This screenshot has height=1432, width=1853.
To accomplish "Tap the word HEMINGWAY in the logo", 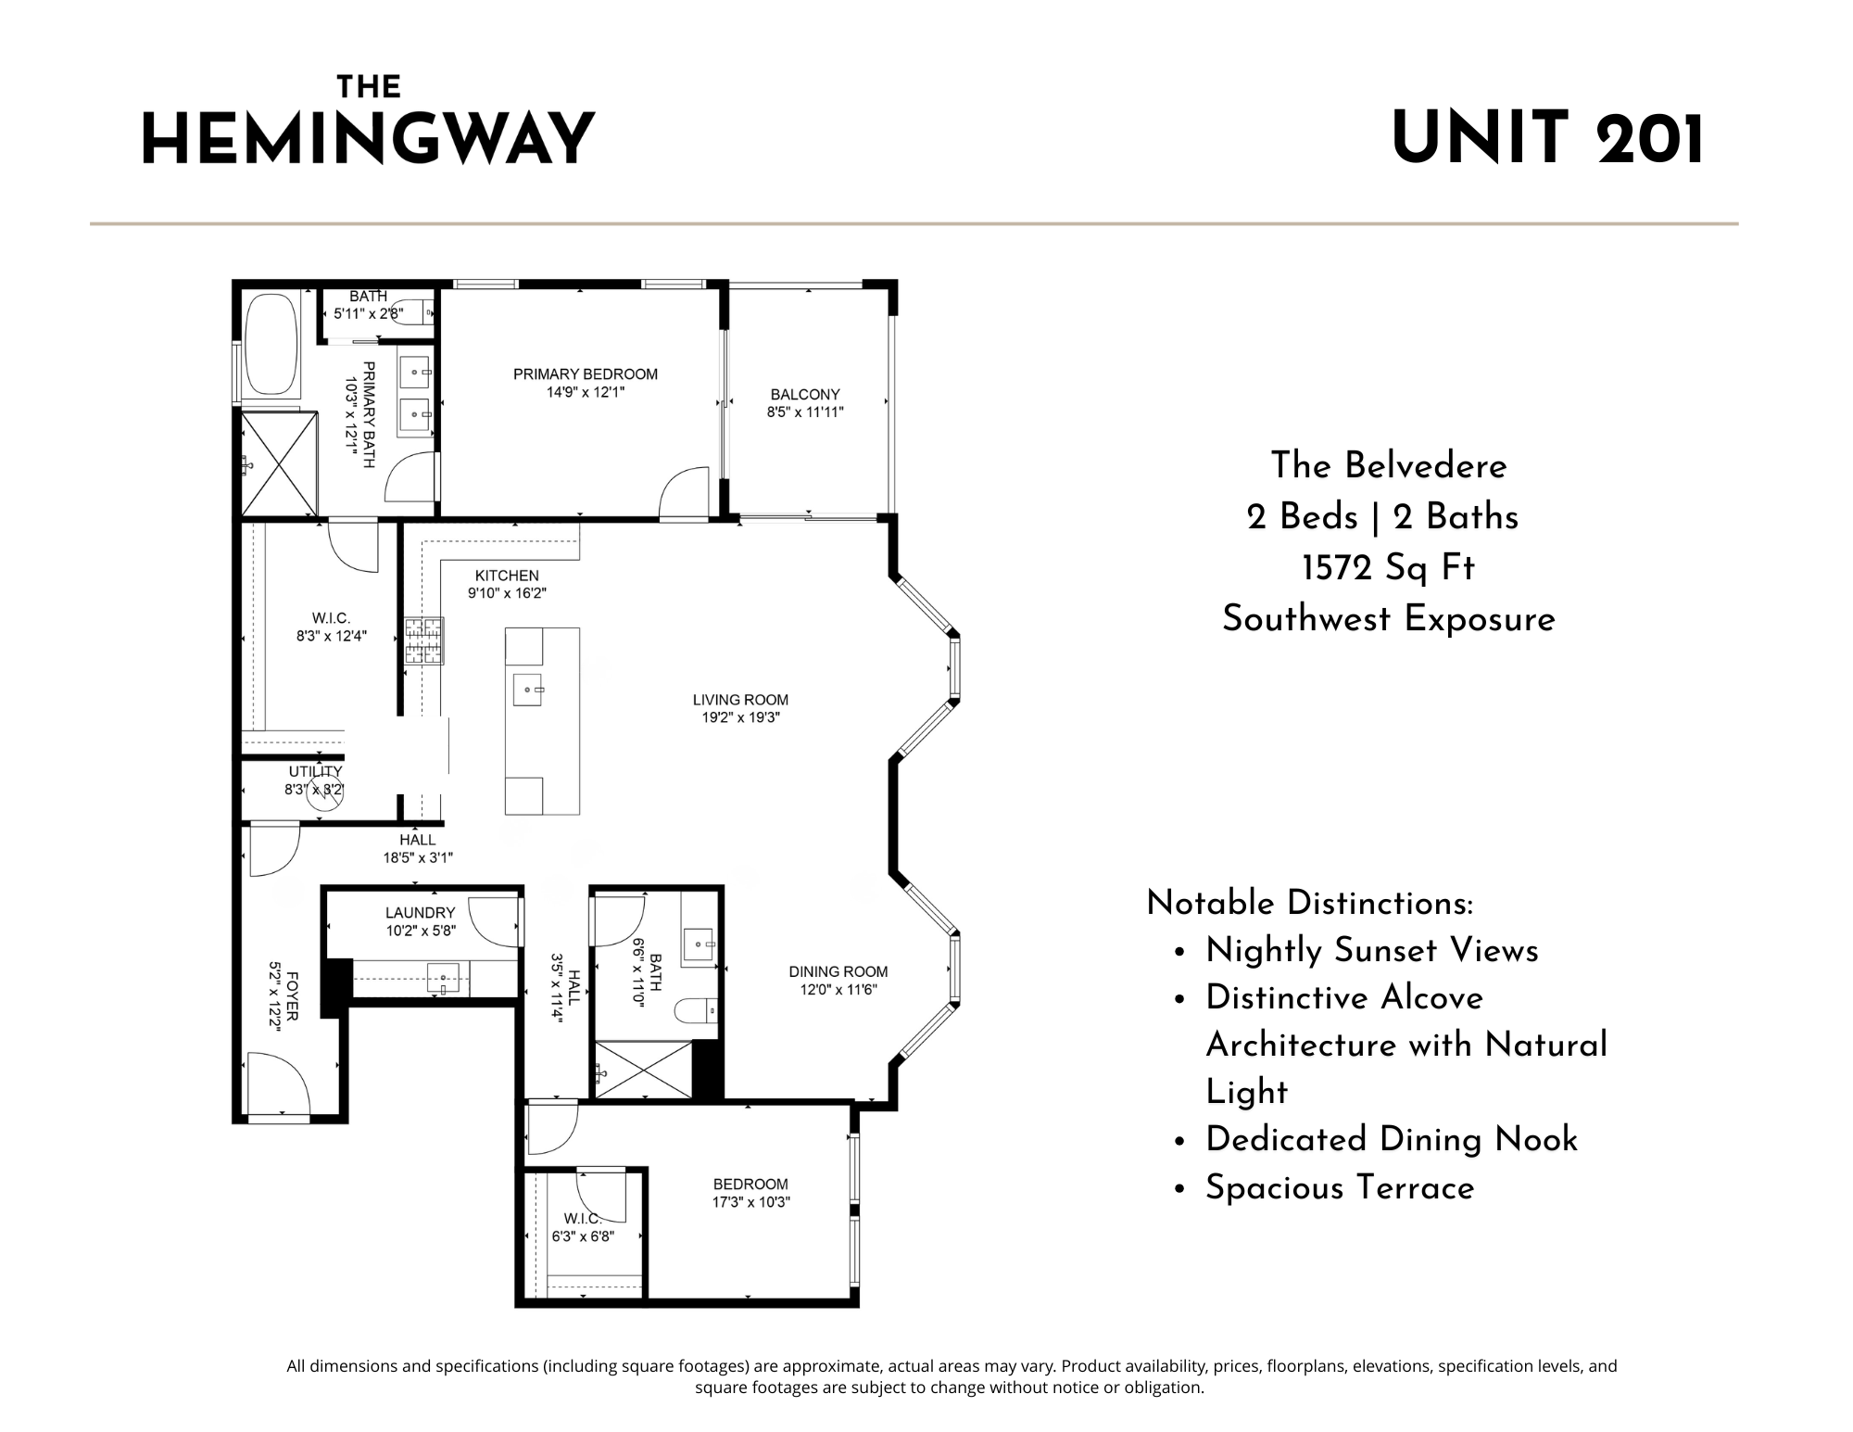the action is coord(368,140).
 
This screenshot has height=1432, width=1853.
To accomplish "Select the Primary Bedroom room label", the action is coord(586,374).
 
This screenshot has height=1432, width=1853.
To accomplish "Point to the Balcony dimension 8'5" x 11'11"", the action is coord(805,412).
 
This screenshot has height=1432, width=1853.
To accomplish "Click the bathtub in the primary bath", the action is coord(271,346).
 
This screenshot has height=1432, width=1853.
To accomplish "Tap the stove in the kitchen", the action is coord(423,640).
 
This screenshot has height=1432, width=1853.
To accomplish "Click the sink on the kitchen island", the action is coord(527,691).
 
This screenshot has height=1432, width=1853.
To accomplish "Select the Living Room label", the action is coord(740,700).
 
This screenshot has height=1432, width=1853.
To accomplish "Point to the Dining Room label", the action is coord(838,971).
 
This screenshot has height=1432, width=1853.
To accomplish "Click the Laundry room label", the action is coord(421,913).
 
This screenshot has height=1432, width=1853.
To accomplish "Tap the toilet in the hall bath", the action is coord(697,1010).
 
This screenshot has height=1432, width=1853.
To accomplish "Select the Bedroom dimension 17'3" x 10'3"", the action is coord(750,1202).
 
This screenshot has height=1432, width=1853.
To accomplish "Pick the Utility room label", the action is coord(315,771).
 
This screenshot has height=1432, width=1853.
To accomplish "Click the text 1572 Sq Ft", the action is coord(1388,568).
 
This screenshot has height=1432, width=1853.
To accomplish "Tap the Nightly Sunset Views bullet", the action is coord(1371,951).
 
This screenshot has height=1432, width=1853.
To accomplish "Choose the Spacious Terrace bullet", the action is coord(1340,1188).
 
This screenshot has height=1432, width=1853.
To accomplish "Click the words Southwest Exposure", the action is coord(1388,619).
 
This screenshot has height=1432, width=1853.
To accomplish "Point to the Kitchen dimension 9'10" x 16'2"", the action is coord(507,593).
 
